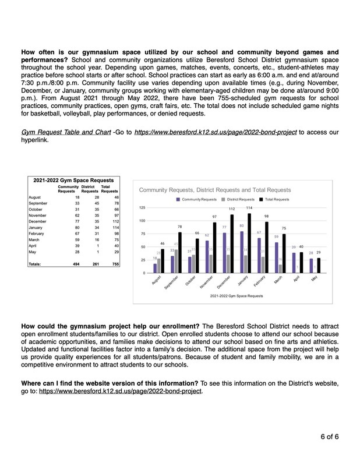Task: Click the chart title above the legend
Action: [214, 190]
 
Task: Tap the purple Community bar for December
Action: [224, 253]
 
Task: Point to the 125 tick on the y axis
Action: [142, 208]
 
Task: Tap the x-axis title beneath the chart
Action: [236, 296]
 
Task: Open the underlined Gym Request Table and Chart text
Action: [66, 133]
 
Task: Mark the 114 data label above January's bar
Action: [249, 208]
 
